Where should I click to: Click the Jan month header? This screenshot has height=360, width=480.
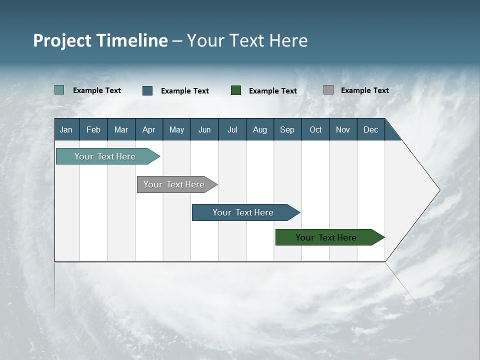coord(66,129)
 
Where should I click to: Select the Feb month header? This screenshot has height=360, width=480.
coord(93,129)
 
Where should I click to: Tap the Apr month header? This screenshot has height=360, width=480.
coord(149,129)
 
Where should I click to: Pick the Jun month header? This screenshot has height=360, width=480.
coord(204,129)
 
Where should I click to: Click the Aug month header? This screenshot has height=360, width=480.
coord(260,129)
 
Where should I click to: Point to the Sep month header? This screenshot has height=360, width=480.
coord(287,129)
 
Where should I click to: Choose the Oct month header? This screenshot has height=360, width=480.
coord(315,129)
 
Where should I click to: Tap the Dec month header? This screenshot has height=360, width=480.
coord(371,129)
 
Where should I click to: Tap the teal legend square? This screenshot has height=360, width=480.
coord(59,90)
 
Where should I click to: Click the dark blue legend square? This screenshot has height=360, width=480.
coord(147,90)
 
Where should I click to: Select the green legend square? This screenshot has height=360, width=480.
coord(236,90)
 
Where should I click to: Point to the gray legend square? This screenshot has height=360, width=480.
coord(328,90)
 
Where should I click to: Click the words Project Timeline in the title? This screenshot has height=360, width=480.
coord(100,40)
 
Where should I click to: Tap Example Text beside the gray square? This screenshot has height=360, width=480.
coord(364,90)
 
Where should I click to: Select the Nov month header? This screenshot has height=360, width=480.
coord(343,129)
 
